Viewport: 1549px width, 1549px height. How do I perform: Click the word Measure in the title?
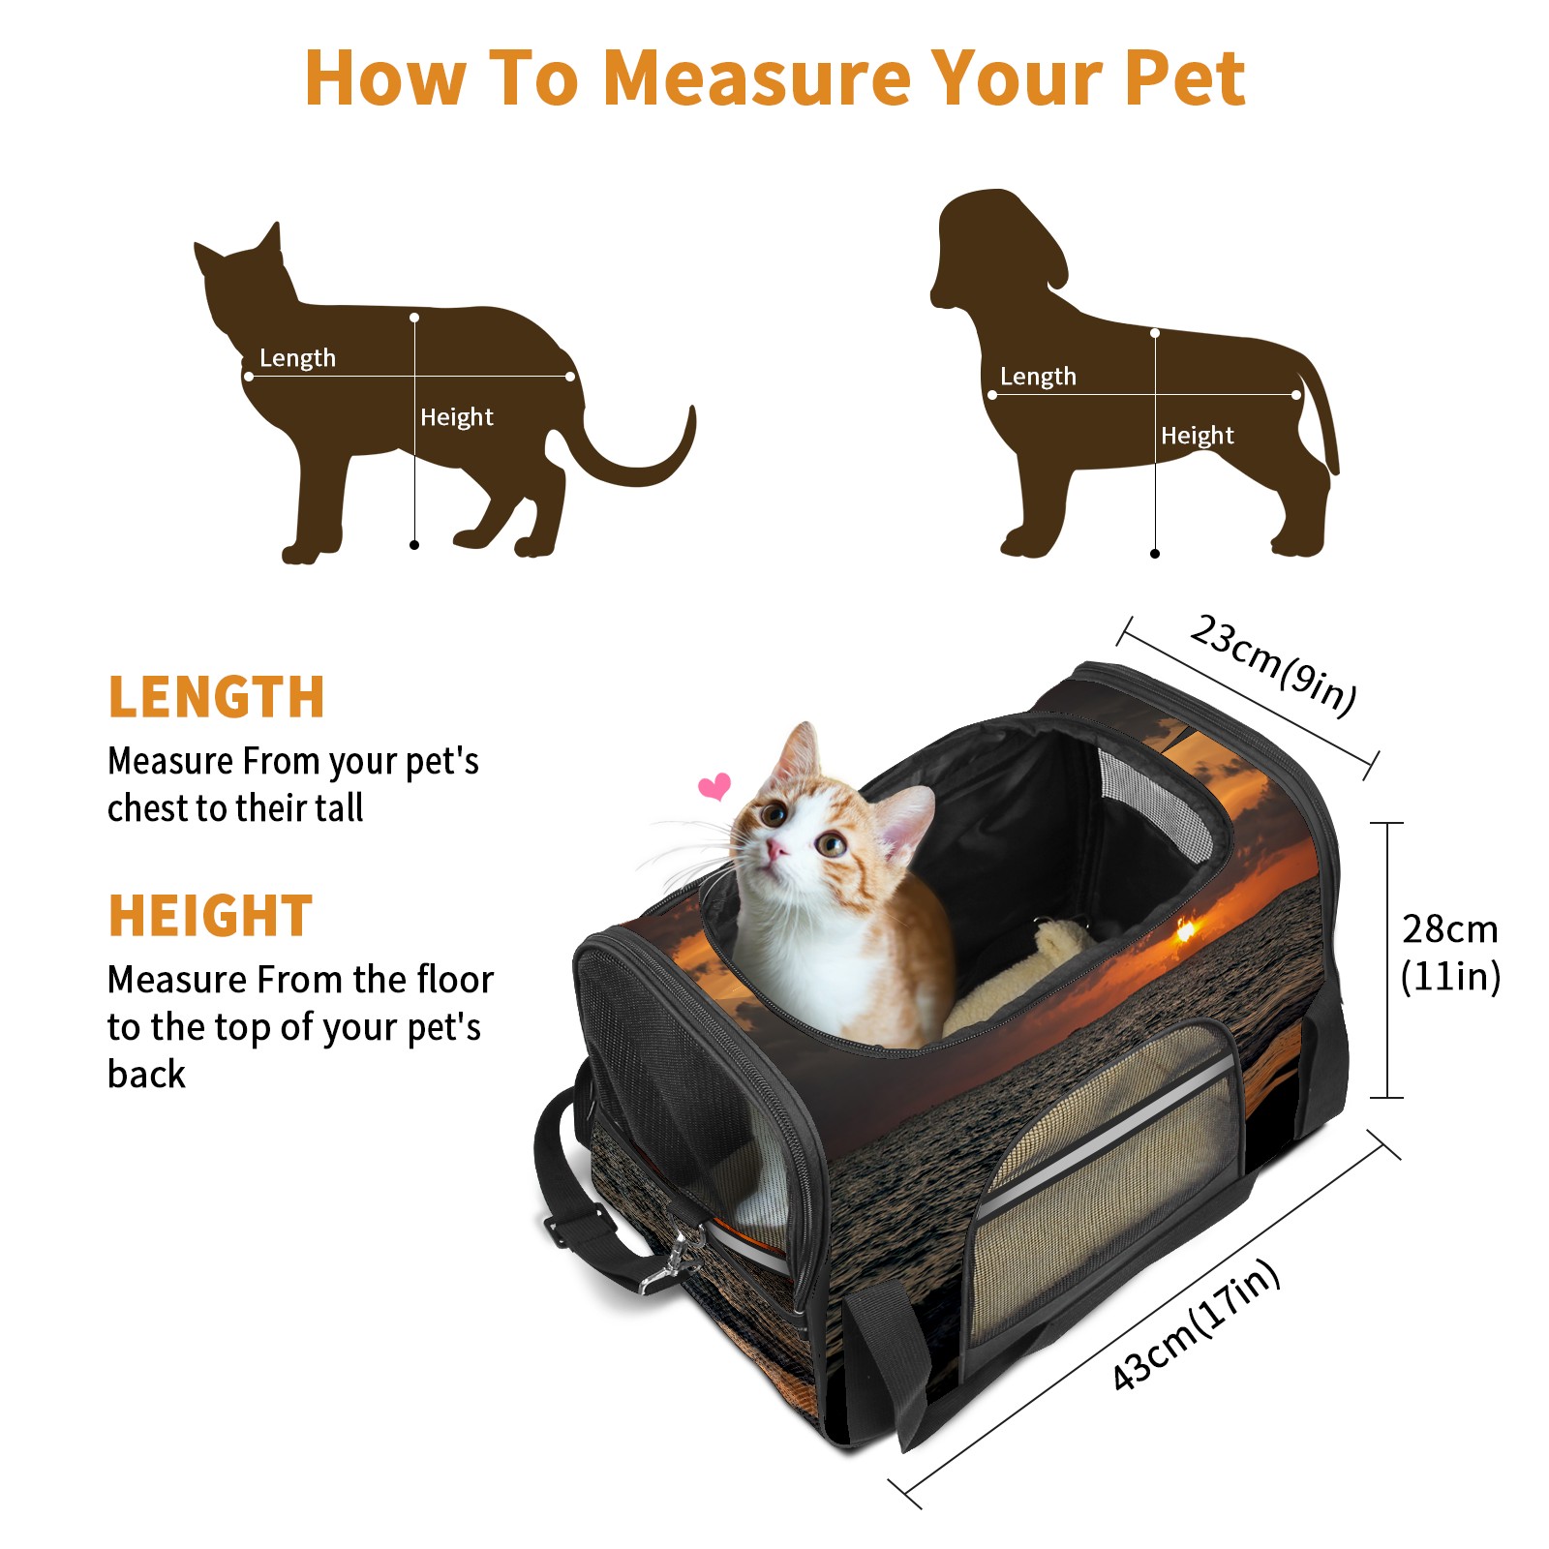coord(756,77)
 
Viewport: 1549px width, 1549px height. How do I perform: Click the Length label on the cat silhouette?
coord(297,358)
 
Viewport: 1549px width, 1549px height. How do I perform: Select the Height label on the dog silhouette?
coord(1197,436)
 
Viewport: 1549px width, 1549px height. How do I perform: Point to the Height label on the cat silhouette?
coord(456,417)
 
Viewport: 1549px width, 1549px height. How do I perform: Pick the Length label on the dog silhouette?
coord(1038,377)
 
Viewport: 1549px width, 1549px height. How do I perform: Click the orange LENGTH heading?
coord(216,697)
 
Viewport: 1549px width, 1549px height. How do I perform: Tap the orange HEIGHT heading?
coord(210,916)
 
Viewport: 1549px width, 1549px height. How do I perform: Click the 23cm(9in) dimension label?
coord(1273,665)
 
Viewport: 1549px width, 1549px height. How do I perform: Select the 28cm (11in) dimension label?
coord(1450,953)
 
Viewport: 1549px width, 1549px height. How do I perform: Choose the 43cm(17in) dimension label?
coord(1196,1324)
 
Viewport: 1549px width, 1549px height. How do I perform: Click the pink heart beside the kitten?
coord(714,786)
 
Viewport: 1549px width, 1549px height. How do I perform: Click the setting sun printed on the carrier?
coord(1185,930)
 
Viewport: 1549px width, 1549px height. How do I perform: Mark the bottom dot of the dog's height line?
coord(1155,554)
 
